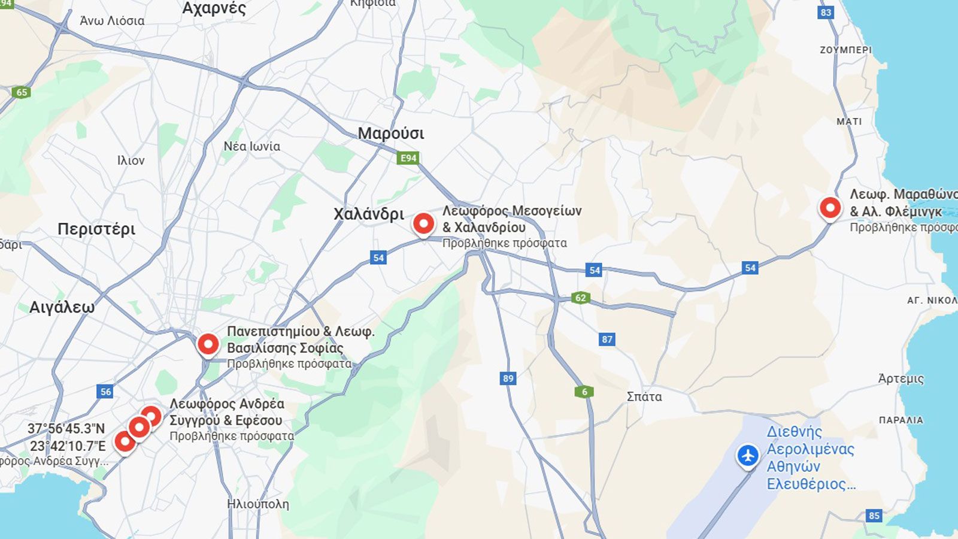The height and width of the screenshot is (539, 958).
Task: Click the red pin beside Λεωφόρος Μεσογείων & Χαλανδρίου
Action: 423,224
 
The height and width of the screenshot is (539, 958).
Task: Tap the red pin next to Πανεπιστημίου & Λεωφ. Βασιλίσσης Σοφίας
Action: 208,344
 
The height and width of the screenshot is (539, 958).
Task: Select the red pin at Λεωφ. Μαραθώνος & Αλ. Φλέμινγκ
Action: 830,208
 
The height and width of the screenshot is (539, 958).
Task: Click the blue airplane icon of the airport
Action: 748,456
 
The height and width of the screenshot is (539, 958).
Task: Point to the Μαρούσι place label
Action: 391,133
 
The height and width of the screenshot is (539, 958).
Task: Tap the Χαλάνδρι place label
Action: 369,214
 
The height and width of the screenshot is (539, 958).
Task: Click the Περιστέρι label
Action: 96,229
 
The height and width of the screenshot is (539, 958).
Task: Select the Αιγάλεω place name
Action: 62,307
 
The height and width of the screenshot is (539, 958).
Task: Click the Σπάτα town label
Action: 644,396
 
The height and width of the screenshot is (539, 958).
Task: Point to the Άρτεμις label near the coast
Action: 901,378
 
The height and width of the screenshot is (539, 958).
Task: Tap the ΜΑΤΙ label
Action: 849,122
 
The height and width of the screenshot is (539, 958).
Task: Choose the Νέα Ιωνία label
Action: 251,146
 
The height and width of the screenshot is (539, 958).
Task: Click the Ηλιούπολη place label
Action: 258,504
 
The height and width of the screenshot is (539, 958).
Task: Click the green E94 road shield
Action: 408,158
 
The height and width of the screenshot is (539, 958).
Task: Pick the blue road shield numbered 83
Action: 826,12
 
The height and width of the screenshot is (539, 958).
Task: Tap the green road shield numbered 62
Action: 580,298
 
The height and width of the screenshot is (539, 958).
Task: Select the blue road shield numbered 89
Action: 508,378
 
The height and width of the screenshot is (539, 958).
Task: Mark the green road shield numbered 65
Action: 22,92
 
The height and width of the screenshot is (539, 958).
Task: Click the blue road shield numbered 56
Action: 105,392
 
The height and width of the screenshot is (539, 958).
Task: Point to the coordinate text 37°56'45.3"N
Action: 66,429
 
